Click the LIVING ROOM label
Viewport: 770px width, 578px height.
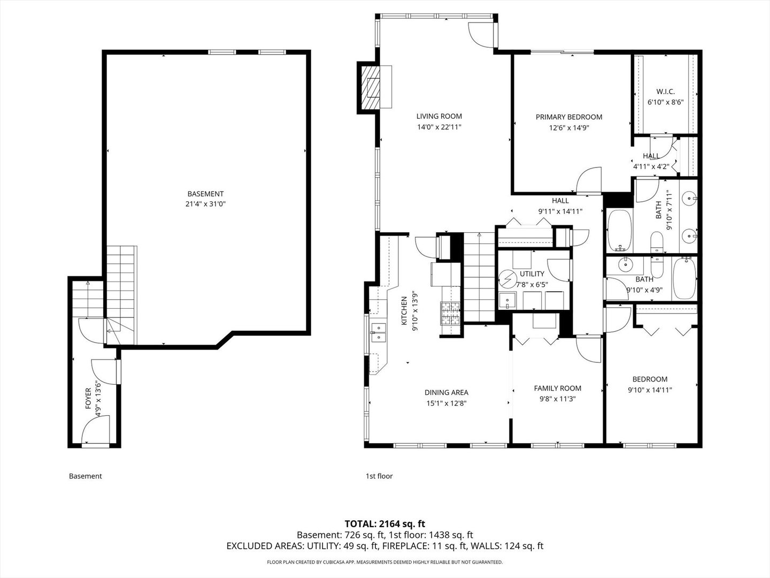coord(439,116)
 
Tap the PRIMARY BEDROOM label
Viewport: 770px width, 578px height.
coord(569,117)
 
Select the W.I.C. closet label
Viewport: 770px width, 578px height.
coord(665,92)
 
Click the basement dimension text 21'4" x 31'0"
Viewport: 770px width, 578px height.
coord(205,204)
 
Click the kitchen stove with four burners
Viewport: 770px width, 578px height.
coord(450,314)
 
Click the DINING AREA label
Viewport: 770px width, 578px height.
coord(446,392)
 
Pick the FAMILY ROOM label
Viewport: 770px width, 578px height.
coord(557,388)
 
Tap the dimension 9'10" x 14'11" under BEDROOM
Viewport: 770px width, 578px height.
coord(650,390)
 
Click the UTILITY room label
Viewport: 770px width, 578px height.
coord(532,274)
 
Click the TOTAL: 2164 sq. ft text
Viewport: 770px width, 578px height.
coord(385,523)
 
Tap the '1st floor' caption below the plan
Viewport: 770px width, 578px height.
coord(379,476)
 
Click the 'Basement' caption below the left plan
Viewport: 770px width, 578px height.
coord(85,476)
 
